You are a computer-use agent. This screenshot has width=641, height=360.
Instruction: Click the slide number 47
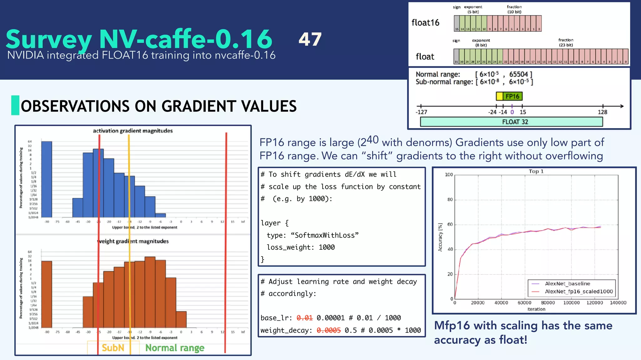[x=310, y=39]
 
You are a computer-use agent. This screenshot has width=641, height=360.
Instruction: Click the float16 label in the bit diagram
[x=425, y=23]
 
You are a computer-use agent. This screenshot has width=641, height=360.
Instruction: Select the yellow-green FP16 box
[x=509, y=96]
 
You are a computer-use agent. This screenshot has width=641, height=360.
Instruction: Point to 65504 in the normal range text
[x=518, y=74]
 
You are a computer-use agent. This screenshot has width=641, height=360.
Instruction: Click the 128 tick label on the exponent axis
[x=602, y=112]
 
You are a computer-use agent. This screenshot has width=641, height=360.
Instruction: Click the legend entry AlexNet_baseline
[x=567, y=284]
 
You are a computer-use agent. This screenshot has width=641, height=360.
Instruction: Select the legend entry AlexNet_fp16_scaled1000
[x=579, y=292]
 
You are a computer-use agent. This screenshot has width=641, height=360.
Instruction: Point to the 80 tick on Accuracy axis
[x=450, y=200]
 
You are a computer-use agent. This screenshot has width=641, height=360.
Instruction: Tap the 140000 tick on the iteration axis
[x=618, y=303]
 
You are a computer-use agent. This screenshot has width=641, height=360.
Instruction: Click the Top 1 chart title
[x=536, y=171]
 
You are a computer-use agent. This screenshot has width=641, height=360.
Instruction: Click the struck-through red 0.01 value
[x=305, y=318]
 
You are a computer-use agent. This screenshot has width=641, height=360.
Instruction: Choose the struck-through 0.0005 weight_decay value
[x=328, y=330]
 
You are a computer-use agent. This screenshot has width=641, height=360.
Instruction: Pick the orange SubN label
[x=113, y=348]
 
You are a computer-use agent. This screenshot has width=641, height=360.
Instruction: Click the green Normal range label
[x=175, y=348]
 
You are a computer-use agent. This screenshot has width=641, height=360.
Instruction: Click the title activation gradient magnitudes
[x=133, y=131]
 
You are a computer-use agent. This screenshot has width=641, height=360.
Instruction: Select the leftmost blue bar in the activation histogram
[x=47, y=179]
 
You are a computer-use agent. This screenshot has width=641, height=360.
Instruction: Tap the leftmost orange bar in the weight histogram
[x=47, y=294]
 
